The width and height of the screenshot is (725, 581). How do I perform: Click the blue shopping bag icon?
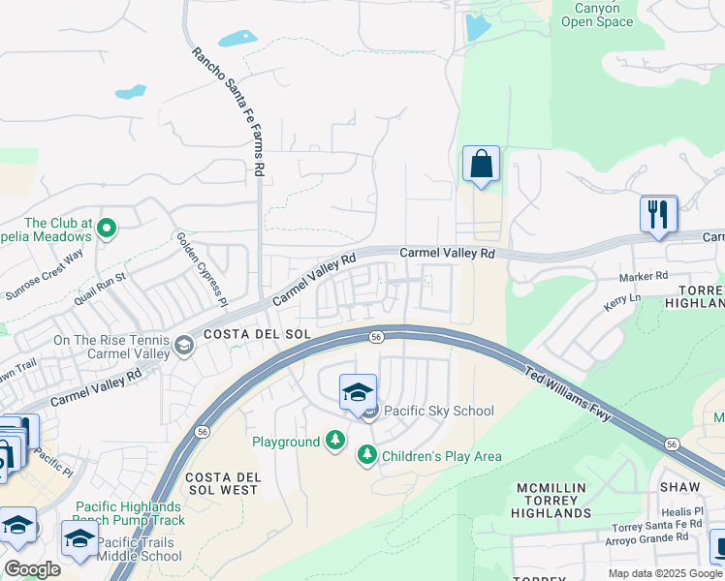coord(481,166)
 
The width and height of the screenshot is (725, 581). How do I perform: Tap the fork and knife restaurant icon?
coord(658,215)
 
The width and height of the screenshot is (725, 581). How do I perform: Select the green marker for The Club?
coord(107,229)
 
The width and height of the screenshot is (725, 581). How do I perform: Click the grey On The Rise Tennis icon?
coord(182,346)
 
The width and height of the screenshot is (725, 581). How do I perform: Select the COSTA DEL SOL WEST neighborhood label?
coord(222,484)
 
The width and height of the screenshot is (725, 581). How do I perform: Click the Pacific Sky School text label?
coord(439,411)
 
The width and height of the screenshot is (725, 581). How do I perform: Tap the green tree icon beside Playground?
coord(334,442)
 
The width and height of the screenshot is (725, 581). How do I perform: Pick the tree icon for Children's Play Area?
coord(366,454)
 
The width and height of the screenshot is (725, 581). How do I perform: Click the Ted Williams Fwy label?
coord(568,393)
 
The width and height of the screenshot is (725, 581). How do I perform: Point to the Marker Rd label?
coord(644,276)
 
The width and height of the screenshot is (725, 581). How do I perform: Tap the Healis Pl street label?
coord(682,511)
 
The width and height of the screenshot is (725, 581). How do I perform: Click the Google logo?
coord(33,569)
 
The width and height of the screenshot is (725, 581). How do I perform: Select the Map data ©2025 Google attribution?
coord(664,573)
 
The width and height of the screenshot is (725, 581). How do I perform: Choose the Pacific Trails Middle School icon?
coord(80,539)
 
